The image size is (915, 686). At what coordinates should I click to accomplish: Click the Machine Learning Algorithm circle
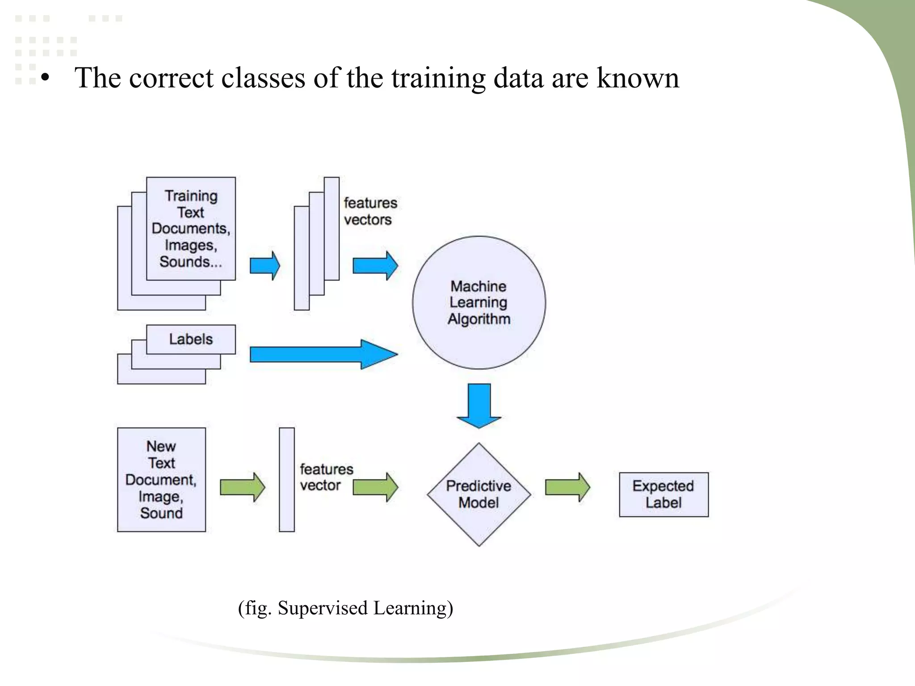coord(478,302)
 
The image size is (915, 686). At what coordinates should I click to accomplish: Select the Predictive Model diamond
coord(478,494)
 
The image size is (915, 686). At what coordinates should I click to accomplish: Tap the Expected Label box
coord(663,494)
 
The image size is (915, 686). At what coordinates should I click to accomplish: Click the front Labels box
coord(191,339)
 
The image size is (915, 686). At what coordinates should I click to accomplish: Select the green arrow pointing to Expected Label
coord(567,487)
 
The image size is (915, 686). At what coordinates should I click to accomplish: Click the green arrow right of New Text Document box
coord(242,487)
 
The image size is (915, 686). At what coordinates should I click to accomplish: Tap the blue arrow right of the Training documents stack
coord(264,266)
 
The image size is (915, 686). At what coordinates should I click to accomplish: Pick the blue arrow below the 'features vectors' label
coord(375,266)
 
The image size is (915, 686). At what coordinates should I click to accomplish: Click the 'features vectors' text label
coord(370,211)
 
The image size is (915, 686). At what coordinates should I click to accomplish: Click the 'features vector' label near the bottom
coord(326,477)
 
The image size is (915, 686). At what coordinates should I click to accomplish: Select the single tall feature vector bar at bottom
coord(287,480)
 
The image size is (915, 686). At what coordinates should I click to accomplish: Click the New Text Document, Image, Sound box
coord(161,480)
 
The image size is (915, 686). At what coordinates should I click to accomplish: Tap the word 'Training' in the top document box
coord(191,196)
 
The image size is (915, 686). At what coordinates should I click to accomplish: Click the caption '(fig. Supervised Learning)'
coord(345,608)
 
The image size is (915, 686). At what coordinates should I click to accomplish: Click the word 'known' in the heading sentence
coord(638,78)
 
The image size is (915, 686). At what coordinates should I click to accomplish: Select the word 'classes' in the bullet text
coord(264,78)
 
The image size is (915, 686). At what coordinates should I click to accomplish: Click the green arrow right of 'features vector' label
coord(375,487)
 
